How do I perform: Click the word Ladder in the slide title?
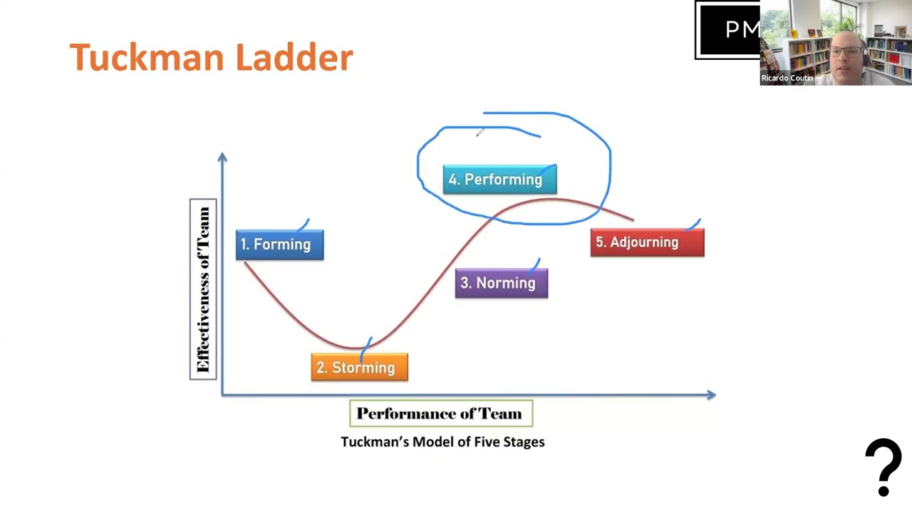(294, 57)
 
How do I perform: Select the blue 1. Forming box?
(279, 244)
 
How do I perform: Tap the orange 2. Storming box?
(359, 368)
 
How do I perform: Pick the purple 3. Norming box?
(501, 283)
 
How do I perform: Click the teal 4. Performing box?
(499, 180)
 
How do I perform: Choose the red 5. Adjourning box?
(647, 242)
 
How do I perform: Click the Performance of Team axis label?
(440, 414)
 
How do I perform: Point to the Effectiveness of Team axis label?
(203, 289)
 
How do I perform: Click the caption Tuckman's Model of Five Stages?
(442, 442)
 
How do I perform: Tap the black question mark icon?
(883, 467)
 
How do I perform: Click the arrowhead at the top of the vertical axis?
(222, 156)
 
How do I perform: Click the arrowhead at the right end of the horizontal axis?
(711, 394)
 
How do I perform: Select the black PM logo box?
(727, 30)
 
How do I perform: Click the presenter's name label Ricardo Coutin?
(787, 78)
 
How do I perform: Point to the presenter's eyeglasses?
(847, 51)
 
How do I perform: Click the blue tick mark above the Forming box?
(303, 225)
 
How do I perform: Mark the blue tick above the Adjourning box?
(694, 226)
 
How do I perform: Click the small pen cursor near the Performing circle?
(480, 133)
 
